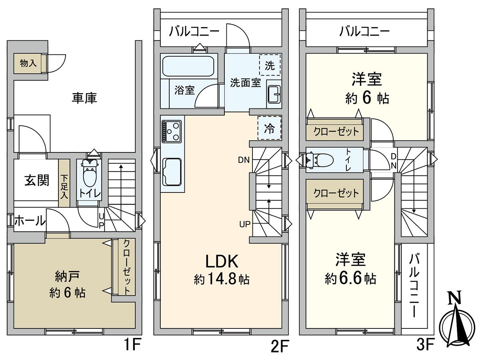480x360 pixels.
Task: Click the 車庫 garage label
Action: [x=84, y=98]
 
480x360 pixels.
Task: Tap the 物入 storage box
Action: [x=28, y=63]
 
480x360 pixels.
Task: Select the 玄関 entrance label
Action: [x=37, y=180]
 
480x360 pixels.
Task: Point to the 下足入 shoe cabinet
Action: [x=64, y=183]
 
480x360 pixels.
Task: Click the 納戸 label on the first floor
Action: [x=67, y=276]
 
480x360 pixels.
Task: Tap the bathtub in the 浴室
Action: [x=188, y=66]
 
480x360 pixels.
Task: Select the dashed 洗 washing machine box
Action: [x=270, y=65]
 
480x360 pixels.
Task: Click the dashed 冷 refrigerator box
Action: [x=270, y=128]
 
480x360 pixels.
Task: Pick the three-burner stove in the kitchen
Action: [x=172, y=131]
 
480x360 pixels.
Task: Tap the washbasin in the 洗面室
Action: [x=274, y=94]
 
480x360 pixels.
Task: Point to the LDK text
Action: [x=222, y=262]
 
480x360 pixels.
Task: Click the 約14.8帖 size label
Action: [x=222, y=279]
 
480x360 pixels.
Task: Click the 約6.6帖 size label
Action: [x=350, y=279]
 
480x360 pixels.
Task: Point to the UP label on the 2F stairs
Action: [x=245, y=224]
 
